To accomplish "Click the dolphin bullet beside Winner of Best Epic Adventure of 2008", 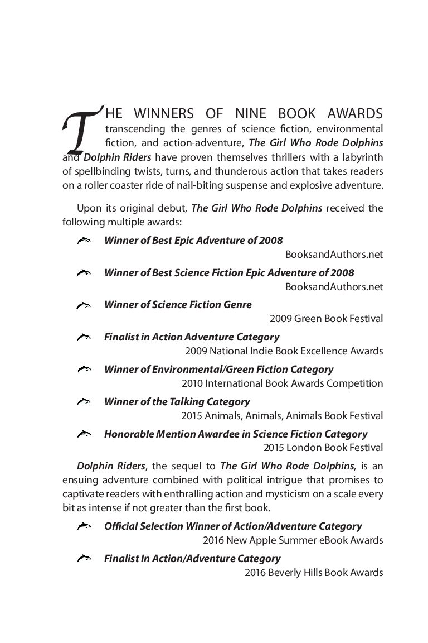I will point(84,241).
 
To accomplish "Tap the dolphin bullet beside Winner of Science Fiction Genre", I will point(84,305).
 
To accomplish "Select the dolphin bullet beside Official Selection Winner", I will point(84,526).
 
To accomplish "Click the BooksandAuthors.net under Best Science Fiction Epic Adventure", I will point(334,287).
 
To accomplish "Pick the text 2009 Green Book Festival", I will point(326,319).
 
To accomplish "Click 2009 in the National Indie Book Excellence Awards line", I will point(194,351).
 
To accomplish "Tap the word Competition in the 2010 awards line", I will point(356,383).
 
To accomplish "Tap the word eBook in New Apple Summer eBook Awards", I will point(339,540).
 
